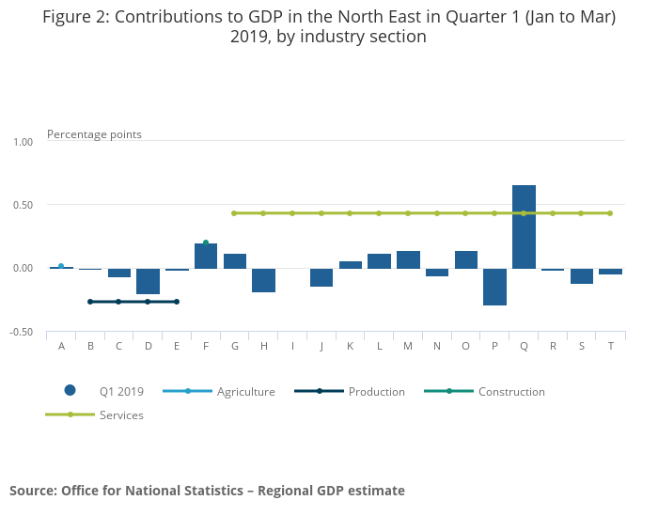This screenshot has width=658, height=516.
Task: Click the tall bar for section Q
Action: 524,227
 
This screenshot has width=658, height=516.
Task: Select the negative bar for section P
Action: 494,287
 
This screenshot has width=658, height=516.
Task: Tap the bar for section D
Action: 148,281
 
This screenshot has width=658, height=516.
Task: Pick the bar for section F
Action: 206,256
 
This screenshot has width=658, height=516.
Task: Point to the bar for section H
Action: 263,280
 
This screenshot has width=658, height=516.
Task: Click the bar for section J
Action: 321,277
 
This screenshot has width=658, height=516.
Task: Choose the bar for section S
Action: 581,275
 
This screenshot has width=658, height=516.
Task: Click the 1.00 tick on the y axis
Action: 23,142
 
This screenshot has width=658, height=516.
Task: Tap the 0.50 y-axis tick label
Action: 23,205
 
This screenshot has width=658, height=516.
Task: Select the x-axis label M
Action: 408,346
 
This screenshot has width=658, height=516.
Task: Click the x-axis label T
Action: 610,346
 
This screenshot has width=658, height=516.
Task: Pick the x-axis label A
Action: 61,346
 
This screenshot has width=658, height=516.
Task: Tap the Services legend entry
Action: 121,414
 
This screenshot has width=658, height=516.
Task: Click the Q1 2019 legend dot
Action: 70,391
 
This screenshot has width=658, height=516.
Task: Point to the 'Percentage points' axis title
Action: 94,134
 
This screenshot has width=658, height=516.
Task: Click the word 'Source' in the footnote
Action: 32,491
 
